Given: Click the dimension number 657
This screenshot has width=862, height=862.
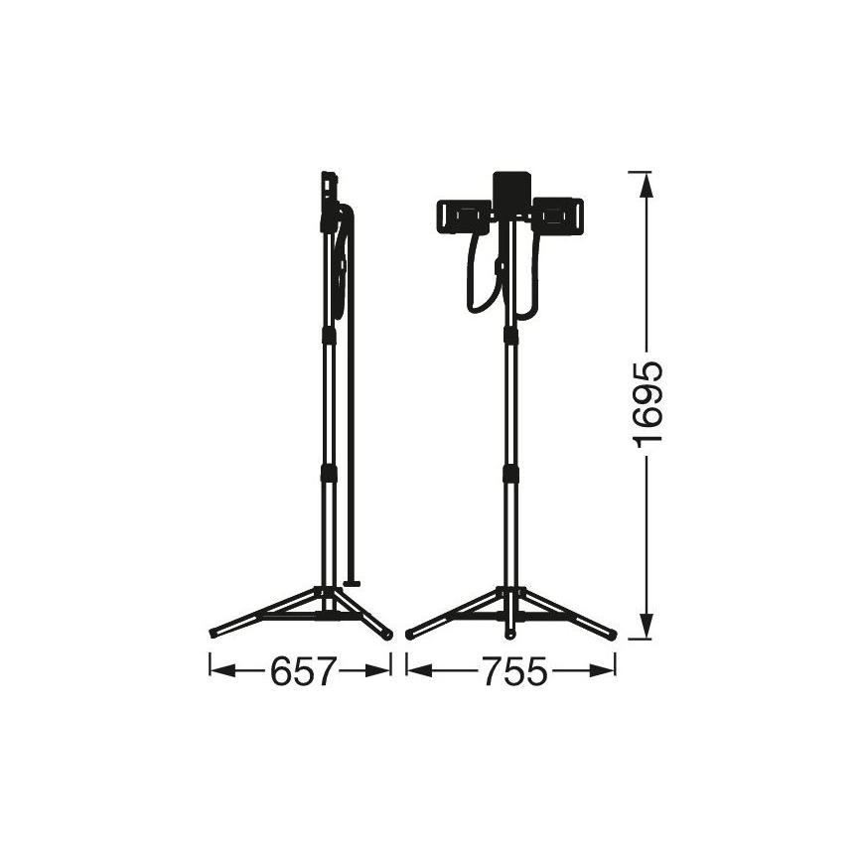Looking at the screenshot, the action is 302,671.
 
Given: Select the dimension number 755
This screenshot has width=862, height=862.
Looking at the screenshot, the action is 515,671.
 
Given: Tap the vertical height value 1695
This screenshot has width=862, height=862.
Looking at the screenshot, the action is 648,405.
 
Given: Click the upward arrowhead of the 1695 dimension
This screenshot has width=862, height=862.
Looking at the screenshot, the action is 648,190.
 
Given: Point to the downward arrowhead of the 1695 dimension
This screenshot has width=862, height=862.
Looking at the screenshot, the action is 648,622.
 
